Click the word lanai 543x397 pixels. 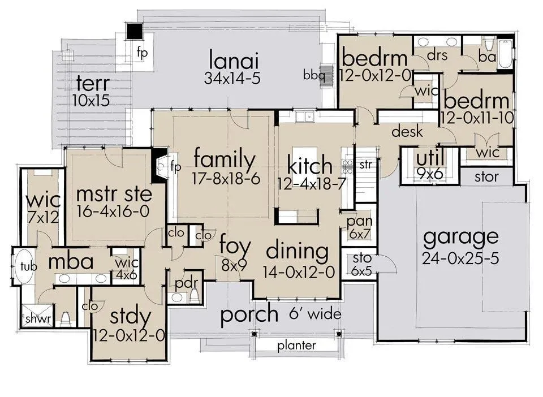pyautogui.click(x=234, y=60)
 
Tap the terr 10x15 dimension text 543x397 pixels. pyautogui.click(x=91, y=100)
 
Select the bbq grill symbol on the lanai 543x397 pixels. pyautogui.click(x=326, y=75)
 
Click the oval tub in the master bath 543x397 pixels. pyautogui.click(x=24, y=266)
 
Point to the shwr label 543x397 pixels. pyautogui.click(x=38, y=318)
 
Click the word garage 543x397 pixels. pyautogui.click(x=461, y=238)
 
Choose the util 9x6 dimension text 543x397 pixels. pyautogui.click(x=430, y=174)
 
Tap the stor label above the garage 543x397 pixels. pyautogui.click(x=486, y=177)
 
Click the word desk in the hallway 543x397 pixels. pyautogui.click(x=407, y=132)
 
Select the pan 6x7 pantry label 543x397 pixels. pyautogui.click(x=360, y=227)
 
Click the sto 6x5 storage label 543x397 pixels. pyautogui.click(x=361, y=265)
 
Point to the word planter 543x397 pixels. pyautogui.click(x=296, y=346)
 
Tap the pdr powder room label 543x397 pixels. pyautogui.click(x=186, y=284)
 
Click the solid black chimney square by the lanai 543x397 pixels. pyautogui.click(x=134, y=32)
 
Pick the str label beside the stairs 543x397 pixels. pyautogui.click(x=365, y=165)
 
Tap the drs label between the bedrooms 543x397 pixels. pyautogui.click(x=437, y=55)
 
